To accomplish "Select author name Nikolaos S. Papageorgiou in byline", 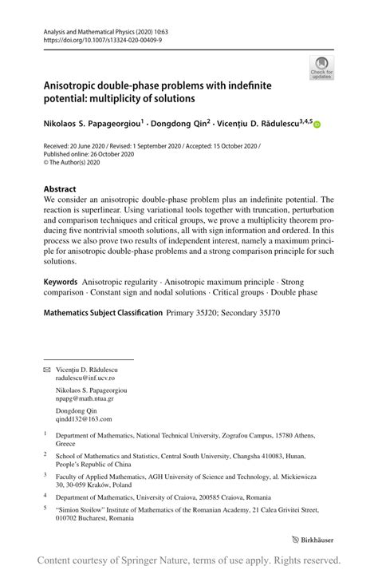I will [92, 123].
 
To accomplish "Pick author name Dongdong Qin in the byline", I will [180, 123].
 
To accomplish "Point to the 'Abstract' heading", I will [61, 190].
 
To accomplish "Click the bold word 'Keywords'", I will [61, 283].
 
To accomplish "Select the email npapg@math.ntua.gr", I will [84, 399].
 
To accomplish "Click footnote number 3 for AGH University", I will [45, 475].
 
